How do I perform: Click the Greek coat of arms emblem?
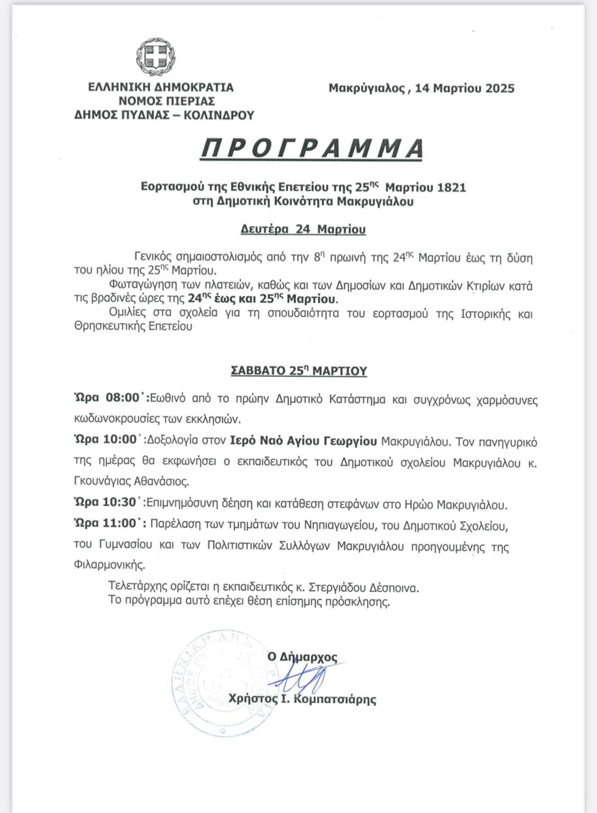(x=156, y=57)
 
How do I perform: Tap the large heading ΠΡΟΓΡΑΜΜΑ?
(x=312, y=148)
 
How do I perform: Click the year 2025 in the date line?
(x=500, y=88)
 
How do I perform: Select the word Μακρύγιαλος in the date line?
(x=366, y=88)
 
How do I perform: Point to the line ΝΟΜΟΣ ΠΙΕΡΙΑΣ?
(x=167, y=101)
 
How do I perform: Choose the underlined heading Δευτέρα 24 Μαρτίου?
(x=303, y=230)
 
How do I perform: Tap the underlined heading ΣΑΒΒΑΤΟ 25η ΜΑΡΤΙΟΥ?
(x=298, y=371)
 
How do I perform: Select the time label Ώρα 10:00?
(x=107, y=440)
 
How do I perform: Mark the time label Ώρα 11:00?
(x=107, y=523)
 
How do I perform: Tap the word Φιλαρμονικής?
(x=109, y=565)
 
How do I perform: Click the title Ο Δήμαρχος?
(x=303, y=657)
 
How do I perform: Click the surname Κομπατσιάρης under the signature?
(x=335, y=699)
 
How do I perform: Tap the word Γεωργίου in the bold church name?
(x=349, y=441)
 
